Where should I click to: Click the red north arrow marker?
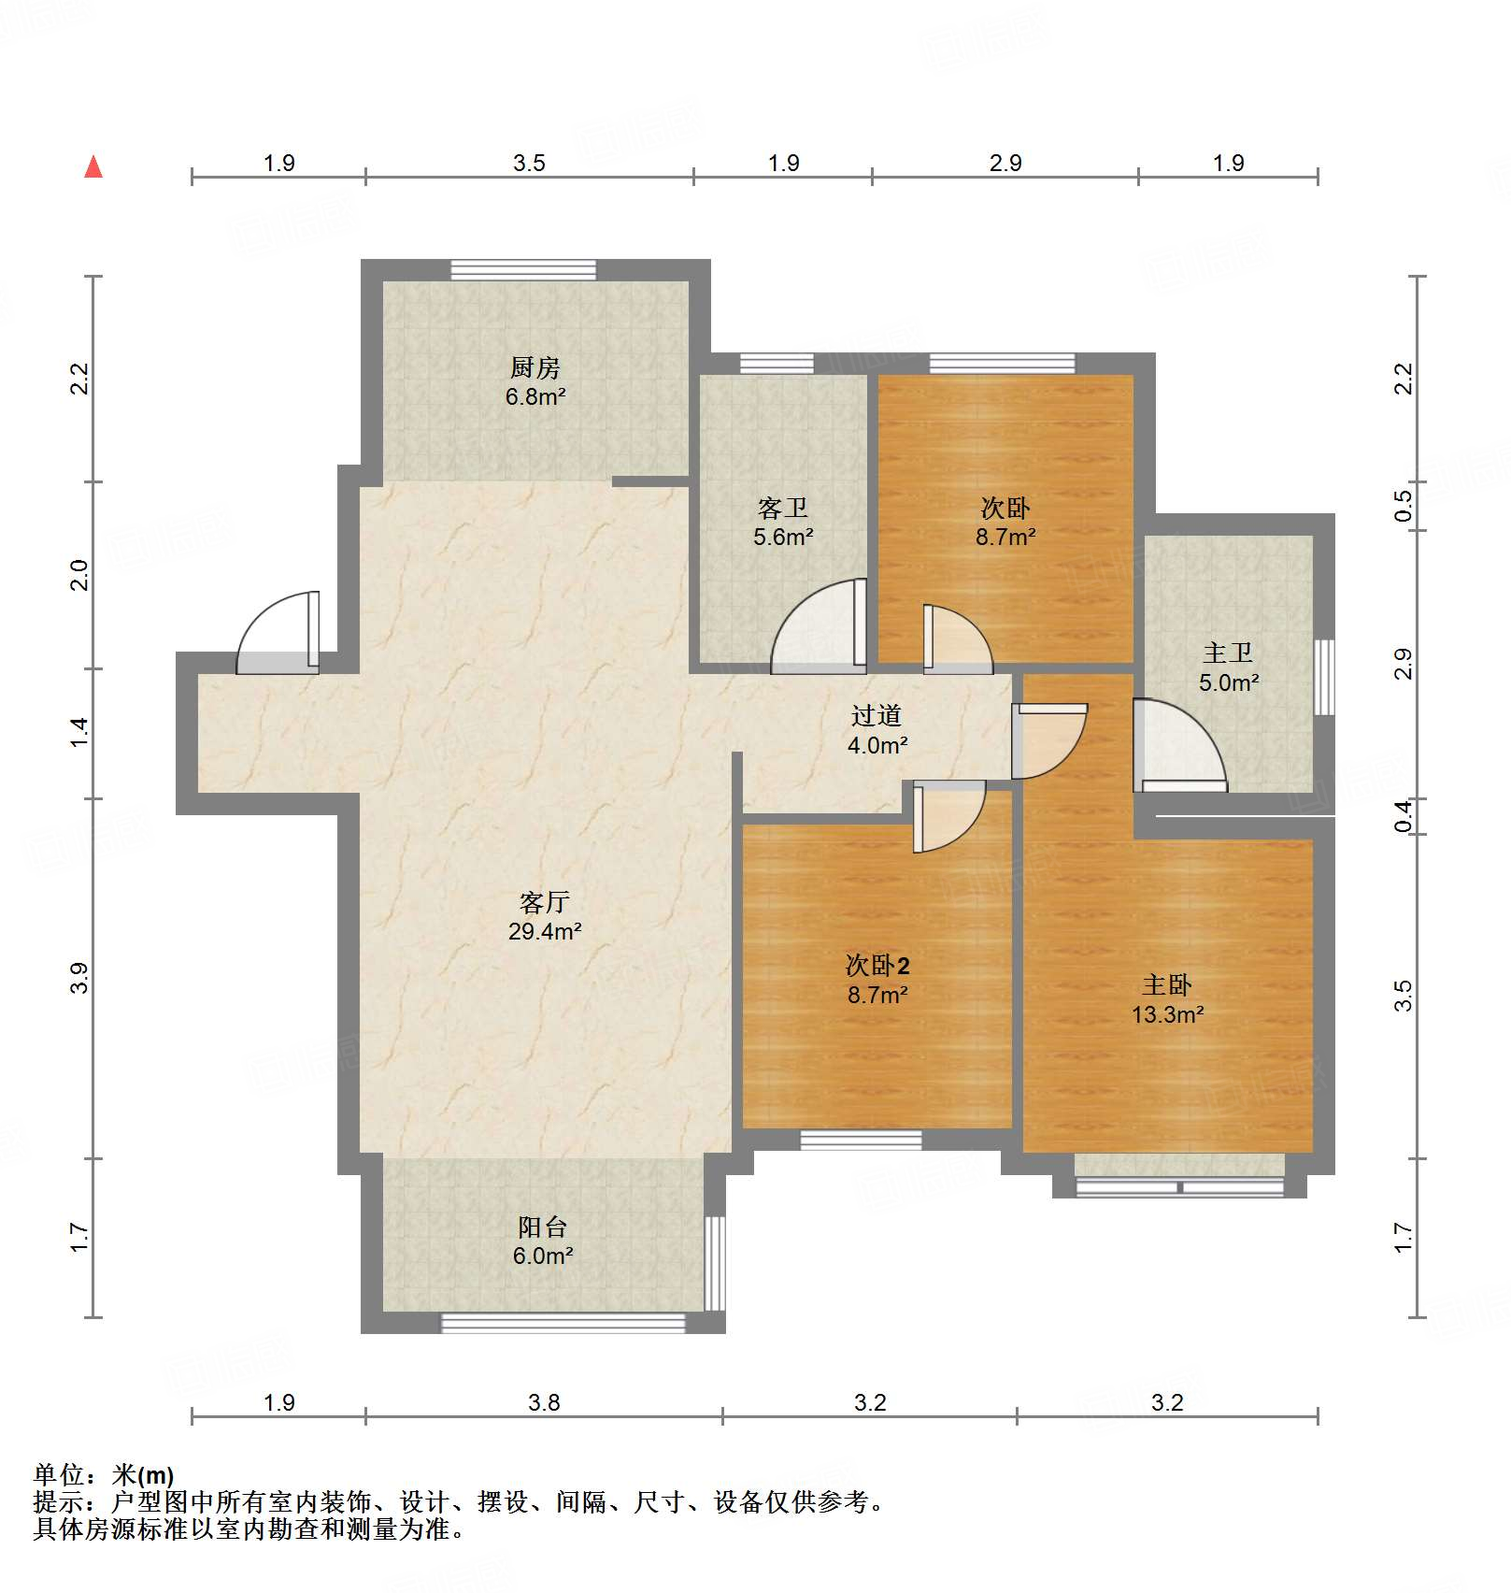93,167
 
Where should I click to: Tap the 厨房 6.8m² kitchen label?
535,381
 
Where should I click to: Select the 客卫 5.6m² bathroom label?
783,522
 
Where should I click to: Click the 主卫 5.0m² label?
1228,667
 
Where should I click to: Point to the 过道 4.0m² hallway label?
877,729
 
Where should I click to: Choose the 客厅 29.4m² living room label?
545,916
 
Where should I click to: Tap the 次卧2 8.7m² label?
877,979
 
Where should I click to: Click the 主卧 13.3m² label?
1166,998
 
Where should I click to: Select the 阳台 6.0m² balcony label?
542,1241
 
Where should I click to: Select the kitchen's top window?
523,269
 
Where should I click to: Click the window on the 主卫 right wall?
1324,677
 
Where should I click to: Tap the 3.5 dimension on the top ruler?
529,163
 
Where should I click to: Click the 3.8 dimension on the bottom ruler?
544,1402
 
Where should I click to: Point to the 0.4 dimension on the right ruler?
1403,817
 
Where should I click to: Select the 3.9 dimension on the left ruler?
80,978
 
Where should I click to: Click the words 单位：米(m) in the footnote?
104,1475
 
